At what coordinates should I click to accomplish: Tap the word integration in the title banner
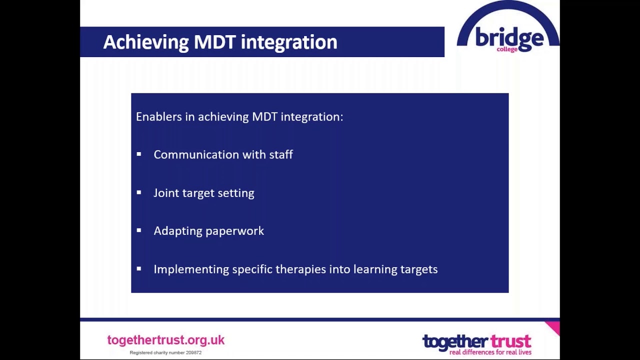pyautogui.click(x=289, y=42)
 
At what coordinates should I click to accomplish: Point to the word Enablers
pyautogui.click(x=158, y=116)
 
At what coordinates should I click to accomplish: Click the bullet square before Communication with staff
pyautogui.click(x=139, y=154)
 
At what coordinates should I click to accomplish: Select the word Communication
pyautogui.click(x=196, y=154)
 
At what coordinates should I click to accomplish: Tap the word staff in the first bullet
pyautogui.click(x=281, y=154)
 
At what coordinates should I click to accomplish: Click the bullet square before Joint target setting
pyautogui.click(x=139, y=192)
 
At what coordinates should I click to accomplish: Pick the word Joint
pyautogui.click(x=166, y=193)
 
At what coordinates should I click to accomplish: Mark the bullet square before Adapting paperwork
pyautogui.click(x=139, y=230)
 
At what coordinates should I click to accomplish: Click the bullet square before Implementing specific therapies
pyautogui.click(x=139, y=268)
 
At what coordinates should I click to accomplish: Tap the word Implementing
pyautogui.click(x=191, y=269)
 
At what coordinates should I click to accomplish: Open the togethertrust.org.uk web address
pyautogui.click(x=165, y=340)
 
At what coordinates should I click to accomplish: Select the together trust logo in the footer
pyautogui.click(x=476, y=344)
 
